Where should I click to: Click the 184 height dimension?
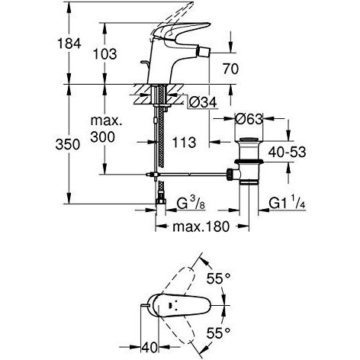(69, 43)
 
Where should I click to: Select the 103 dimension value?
(104, 54)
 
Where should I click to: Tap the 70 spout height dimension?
(230, 69)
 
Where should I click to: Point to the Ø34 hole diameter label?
(203, 102)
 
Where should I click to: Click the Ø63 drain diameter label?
(249, 119)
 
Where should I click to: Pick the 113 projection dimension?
(185, 143)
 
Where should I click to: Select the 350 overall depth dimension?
(68, 144)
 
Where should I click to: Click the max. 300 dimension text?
(106, 129)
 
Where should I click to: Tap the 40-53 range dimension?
(287, 153)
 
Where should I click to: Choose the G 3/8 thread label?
(191, 204)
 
